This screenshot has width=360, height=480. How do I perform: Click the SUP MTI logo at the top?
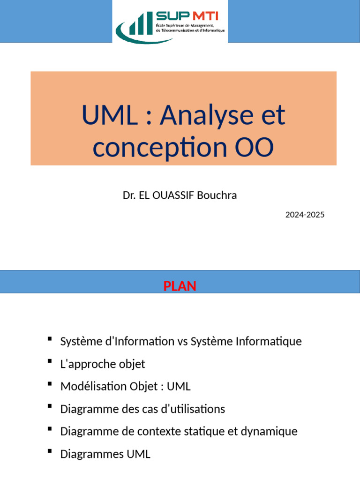click(170, 22)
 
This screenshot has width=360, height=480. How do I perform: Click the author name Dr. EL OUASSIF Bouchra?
click(180, 195)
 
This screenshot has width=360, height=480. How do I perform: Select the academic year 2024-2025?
click(305, 215)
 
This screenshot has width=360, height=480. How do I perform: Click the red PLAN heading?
click(180, 286)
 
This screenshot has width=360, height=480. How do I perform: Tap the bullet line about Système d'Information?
click(181, 341)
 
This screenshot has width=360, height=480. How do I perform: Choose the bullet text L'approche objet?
click(103, 364)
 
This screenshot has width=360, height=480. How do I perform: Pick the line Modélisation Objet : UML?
click(126, 386)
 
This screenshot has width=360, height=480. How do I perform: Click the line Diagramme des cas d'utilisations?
click(142, 409)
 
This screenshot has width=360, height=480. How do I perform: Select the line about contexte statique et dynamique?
click(179, 431)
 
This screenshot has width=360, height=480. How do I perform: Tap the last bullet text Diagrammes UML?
click(105, 454)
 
